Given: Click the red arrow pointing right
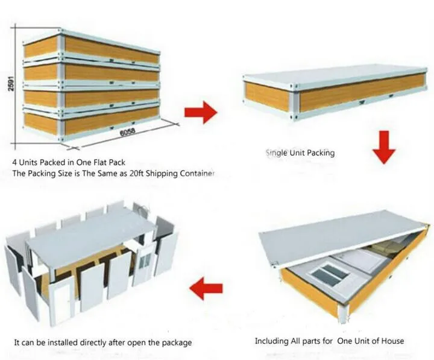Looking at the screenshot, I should pyautogui.click(x=200, y=112).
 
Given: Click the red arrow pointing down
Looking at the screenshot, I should pyautogui.click(x=383, y=148).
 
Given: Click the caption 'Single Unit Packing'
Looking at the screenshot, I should pyautogui.click(x=300, y=153).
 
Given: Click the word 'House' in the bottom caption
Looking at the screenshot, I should pyautogui.click(x=391, y=341).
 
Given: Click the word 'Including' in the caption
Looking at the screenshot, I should pyautogui.click(x=271, y=341).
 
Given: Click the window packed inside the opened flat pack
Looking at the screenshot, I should pyautogui.click(x=328, y=275).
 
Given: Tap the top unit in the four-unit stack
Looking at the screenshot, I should pyautogui.click(x=90, y=48).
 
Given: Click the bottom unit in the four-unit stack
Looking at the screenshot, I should pyautogui.click(x=90, y=121).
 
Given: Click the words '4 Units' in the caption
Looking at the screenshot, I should pyautogui.click(x=27, y=162).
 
